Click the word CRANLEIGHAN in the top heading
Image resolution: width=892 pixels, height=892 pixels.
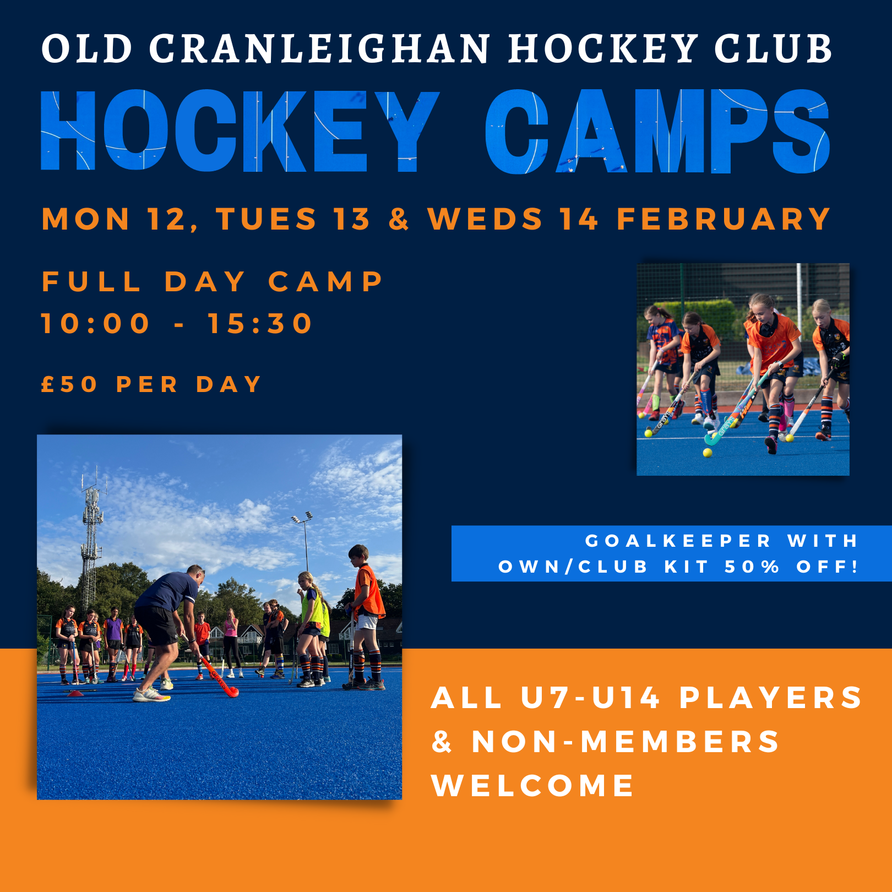point(319,48)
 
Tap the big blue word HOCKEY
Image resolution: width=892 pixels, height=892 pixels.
point(240,131)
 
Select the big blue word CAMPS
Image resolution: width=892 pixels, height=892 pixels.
point(657,131)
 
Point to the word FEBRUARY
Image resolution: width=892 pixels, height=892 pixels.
point(724,219)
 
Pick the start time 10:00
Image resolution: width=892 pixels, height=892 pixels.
point(95,323)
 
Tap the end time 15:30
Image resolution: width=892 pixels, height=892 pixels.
point(260,323)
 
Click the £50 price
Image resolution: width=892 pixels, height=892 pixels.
point(69,384)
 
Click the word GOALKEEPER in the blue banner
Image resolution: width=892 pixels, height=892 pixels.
point(678,541)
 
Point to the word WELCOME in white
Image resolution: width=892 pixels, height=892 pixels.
point(533,785)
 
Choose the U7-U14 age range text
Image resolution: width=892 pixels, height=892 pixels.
point(590,698)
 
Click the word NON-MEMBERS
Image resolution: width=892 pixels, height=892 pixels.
point(626,741)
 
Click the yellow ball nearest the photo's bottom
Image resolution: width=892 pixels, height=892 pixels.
point(708,453)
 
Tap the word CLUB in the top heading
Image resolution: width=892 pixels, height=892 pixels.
point(774,48)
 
